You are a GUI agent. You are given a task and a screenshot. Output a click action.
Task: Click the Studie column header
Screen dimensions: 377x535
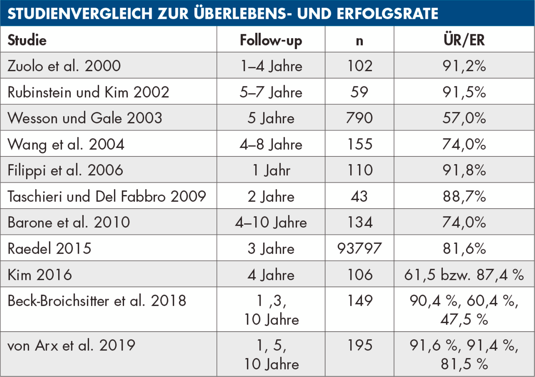27,40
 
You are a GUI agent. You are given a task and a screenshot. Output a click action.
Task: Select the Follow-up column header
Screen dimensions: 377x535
271,40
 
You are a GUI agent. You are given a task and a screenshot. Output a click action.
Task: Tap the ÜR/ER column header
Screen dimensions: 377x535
464,40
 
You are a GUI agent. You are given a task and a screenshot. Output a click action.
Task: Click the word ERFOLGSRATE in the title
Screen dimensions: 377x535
387,14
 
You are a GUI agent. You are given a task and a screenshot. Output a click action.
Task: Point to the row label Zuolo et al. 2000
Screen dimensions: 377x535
64,66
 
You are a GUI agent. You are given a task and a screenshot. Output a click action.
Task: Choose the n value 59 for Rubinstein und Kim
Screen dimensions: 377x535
359,92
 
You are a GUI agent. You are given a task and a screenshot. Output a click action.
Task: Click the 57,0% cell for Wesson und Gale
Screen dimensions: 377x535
464,118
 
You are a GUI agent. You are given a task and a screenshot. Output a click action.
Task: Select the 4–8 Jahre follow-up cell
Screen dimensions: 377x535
271,144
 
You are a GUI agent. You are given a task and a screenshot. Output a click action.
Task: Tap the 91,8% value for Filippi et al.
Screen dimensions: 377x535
464,170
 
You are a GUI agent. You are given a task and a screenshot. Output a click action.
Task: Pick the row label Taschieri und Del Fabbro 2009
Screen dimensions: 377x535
107,196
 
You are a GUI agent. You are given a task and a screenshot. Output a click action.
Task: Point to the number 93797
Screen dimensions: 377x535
359,248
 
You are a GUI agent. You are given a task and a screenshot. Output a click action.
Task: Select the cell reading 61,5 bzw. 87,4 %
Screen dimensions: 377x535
464,274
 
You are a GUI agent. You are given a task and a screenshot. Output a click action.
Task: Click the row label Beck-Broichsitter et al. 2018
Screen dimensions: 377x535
97,301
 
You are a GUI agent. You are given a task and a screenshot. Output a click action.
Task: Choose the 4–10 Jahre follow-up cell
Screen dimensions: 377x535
271,222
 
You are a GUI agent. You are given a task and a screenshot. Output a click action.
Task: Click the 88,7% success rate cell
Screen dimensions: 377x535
464,196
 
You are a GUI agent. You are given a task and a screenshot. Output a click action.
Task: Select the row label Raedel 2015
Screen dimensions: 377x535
49,248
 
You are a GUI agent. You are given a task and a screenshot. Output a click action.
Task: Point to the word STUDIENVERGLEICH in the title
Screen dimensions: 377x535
80,14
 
